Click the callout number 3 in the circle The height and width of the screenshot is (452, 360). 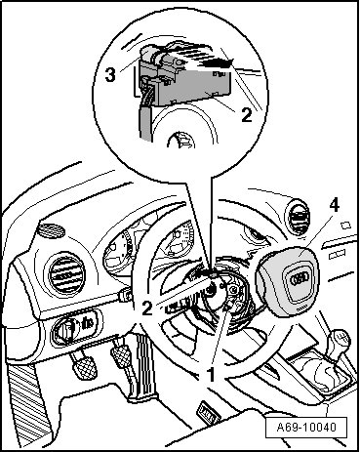[x=110, y=75]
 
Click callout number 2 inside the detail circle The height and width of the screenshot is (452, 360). [x=247, y=115]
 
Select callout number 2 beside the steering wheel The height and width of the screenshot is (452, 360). [x=147, y=308]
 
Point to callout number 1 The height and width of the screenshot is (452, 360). [x=212, y=375]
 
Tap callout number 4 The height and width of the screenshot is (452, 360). [x=334, y=205]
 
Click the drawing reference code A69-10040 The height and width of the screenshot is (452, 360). [x=306, y=427]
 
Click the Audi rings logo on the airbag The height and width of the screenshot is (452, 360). [x=299, y=278]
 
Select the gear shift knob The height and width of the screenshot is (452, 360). [x=340, y=340]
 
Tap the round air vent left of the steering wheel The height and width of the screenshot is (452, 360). [x=66, y=275]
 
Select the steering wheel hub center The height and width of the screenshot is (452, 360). [x=213, y=289]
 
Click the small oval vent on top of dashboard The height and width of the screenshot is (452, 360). [x=52, y=230]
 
